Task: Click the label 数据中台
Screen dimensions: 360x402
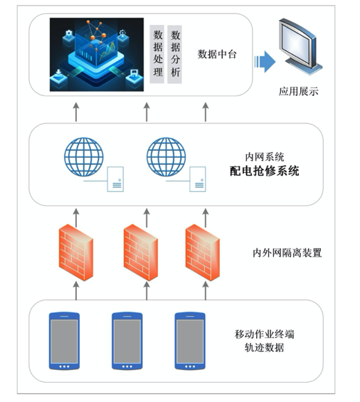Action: coord(217,54)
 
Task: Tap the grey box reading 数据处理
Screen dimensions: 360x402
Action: coord(157,54)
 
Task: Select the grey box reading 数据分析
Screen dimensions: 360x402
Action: coord(174,54)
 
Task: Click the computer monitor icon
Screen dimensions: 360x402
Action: coord(300,46)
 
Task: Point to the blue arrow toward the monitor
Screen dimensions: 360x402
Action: coord(265,61)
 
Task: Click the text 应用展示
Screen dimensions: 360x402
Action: coord(299,92)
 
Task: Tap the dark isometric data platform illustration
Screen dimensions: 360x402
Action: coord(97,54)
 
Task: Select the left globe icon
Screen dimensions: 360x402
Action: coord(83,157)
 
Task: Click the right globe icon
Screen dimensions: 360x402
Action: coord(166,157)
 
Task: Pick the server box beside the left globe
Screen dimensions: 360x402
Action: coord(115,179)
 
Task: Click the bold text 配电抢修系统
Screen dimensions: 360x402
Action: coord(265,171)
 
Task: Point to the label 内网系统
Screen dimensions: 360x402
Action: coord(265,157)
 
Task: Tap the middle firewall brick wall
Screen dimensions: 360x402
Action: coord(141,253)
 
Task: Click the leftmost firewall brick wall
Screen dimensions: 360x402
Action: coord(76,253)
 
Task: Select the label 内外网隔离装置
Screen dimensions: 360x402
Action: coord(287,253)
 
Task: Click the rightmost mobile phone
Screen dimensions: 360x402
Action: coord(190,341)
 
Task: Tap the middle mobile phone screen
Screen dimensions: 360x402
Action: coord(127,342)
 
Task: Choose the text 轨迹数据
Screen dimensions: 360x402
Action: coord(265,348)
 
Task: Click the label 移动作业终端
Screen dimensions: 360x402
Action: coord(265,334)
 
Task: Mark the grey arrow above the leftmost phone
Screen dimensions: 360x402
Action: coord(76,290)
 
